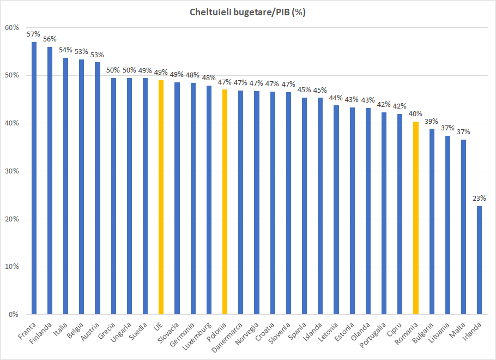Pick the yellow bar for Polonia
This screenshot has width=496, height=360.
click(x=225, y=202)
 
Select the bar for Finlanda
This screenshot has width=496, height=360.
click(x=50, y=181)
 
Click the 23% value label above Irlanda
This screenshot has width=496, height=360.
click(x=479, y=198)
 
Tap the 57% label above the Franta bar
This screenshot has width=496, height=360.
click(x=34, y=34)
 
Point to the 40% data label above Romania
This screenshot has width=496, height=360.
click(x=415, y=114)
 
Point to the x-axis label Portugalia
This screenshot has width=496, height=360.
click(x=376, y=337)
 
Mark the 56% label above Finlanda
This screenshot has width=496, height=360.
click(x=50, y=39)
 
